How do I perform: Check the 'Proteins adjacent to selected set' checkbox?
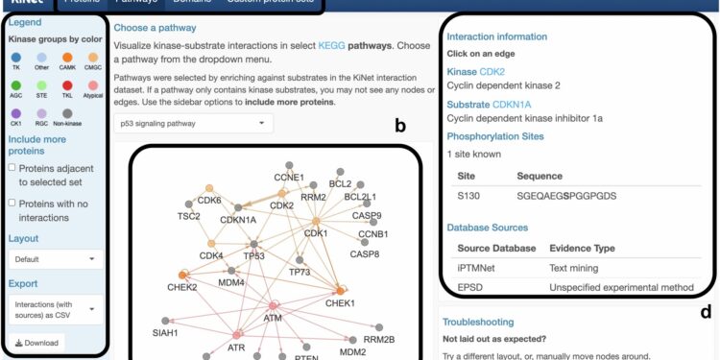coord(12,168)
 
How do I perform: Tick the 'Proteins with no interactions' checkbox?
coord(12,203)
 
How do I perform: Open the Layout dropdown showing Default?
coord(56,258)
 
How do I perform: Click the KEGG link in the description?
coord(330,45)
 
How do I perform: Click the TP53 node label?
coord(254,255)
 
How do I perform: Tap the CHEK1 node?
coord(340,290)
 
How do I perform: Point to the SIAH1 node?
coord(165,321)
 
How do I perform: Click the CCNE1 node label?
coord(289,178)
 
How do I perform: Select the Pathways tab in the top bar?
coord(135,3)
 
